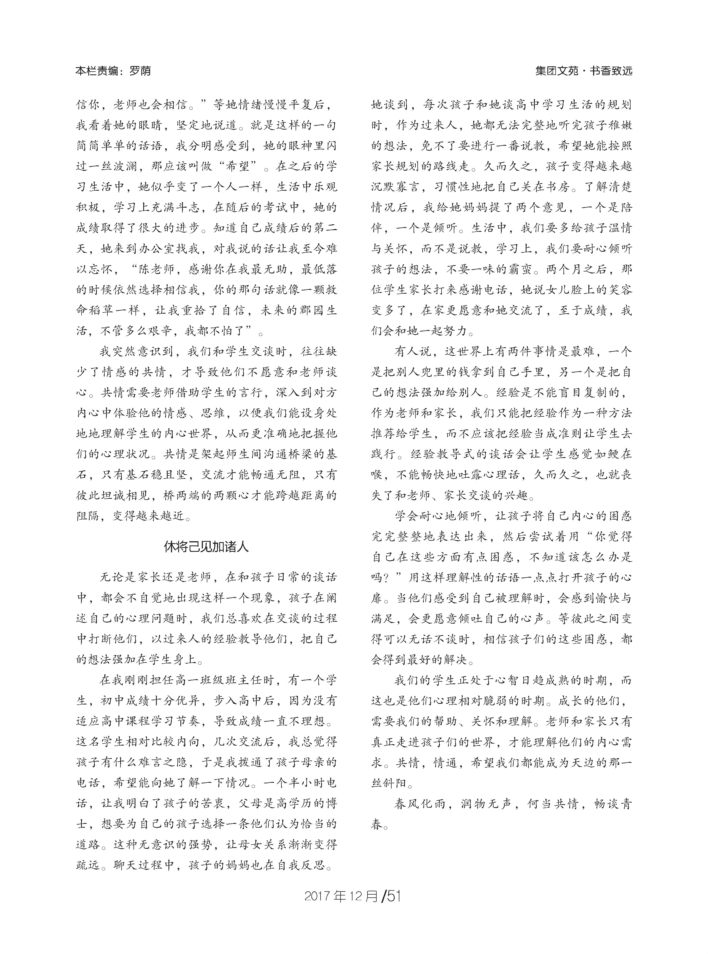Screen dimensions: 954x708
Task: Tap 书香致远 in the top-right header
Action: click(x=611, y=71)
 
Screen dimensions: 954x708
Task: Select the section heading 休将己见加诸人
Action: click(x=206, y=547)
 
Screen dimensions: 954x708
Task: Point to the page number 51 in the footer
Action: click(x=393, y=895)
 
